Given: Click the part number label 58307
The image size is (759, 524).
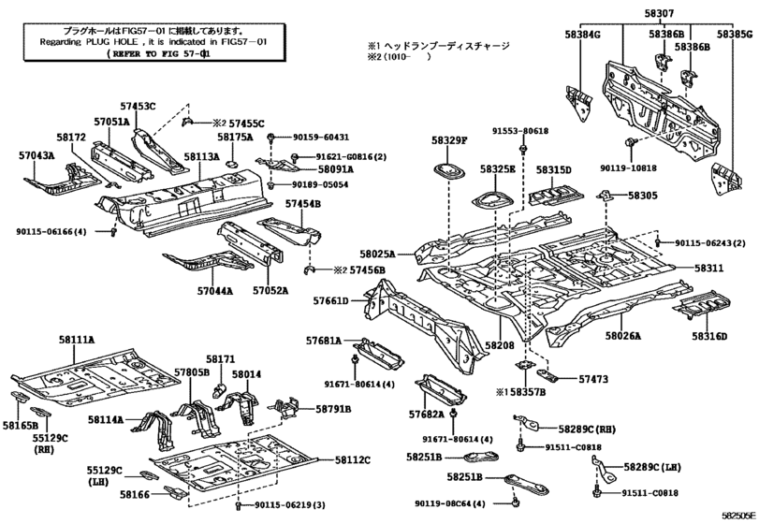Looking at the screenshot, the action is point(659,13).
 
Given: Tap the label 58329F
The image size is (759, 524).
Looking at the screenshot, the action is point(449,140).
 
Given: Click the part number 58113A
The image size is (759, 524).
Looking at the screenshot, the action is point(202,157).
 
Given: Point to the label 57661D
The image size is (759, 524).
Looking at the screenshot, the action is point(330,301).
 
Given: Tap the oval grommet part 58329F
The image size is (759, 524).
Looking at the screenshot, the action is point(448,171).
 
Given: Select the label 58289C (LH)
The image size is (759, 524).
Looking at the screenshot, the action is point(652,468).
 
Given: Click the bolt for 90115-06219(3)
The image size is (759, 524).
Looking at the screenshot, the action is point(238,505).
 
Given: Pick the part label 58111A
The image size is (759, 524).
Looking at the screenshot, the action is point(77,341).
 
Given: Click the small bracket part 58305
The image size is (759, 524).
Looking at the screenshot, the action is point(606,195).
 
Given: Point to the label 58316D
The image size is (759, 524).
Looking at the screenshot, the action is point(709,336).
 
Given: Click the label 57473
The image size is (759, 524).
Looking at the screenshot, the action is point(593,379).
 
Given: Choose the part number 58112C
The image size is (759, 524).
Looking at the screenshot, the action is point(353,460).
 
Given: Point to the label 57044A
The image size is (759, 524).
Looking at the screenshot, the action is point(215,291).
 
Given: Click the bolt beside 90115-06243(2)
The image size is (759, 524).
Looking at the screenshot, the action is point(657,241).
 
